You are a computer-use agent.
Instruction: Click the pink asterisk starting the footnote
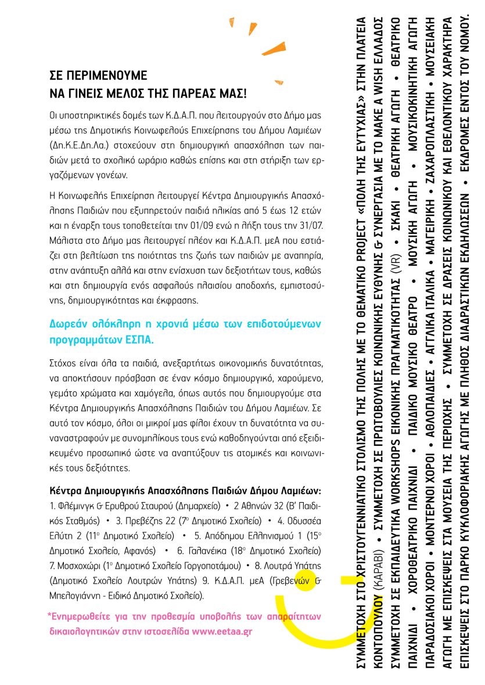coord(50,615)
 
